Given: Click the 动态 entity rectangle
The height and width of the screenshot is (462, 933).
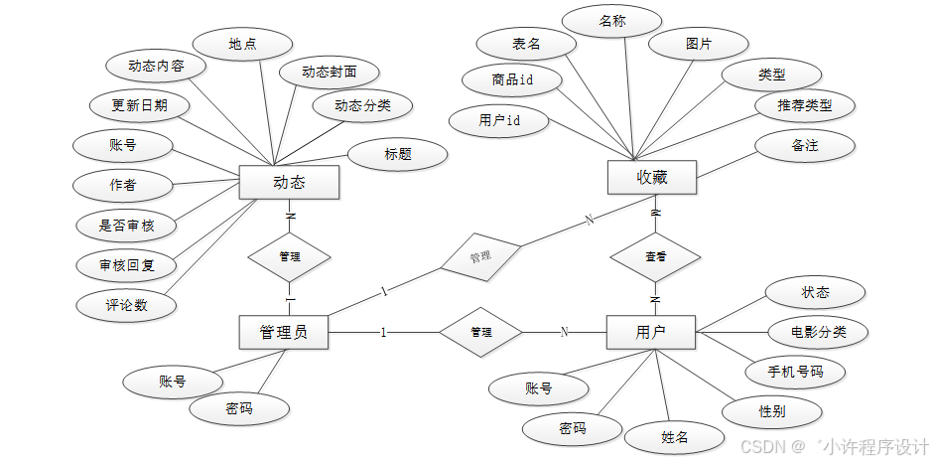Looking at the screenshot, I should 289,183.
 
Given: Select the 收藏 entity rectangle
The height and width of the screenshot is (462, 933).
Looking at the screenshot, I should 651,178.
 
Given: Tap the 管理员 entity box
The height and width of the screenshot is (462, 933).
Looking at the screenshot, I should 283,332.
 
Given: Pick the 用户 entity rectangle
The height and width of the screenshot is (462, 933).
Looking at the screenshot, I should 650,332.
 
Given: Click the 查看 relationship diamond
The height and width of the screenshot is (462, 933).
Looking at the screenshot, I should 655,256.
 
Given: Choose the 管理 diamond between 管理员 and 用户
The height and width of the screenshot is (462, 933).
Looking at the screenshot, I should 481,332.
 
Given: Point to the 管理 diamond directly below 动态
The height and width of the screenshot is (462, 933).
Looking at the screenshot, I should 289,256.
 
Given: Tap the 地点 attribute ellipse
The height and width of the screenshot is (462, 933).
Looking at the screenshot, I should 242,45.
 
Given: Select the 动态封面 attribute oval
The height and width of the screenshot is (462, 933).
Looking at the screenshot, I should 329,73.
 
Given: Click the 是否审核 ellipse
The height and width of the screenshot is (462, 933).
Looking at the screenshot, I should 127,226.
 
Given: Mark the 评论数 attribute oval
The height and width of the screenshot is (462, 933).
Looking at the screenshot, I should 127,305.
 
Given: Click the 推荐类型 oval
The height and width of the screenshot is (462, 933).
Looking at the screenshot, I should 805,105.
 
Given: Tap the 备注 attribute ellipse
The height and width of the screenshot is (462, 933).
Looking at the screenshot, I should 805,146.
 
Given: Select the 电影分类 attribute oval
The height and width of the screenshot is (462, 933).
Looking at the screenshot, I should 819,332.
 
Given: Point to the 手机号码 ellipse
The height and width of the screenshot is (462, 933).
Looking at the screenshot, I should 796,372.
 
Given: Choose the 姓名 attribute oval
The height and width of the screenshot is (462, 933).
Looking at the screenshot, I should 675,436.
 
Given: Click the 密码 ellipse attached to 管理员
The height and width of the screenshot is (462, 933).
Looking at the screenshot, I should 239,408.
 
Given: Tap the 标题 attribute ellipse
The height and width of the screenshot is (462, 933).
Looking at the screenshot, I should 398,154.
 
